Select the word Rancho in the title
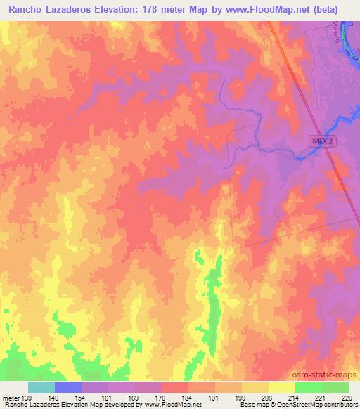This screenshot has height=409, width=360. tap(30, 9)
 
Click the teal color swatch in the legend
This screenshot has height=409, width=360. tap(41, 387)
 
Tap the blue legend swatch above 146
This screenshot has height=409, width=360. tap(68, 387)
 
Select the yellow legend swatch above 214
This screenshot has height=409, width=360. tap(282, 387)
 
